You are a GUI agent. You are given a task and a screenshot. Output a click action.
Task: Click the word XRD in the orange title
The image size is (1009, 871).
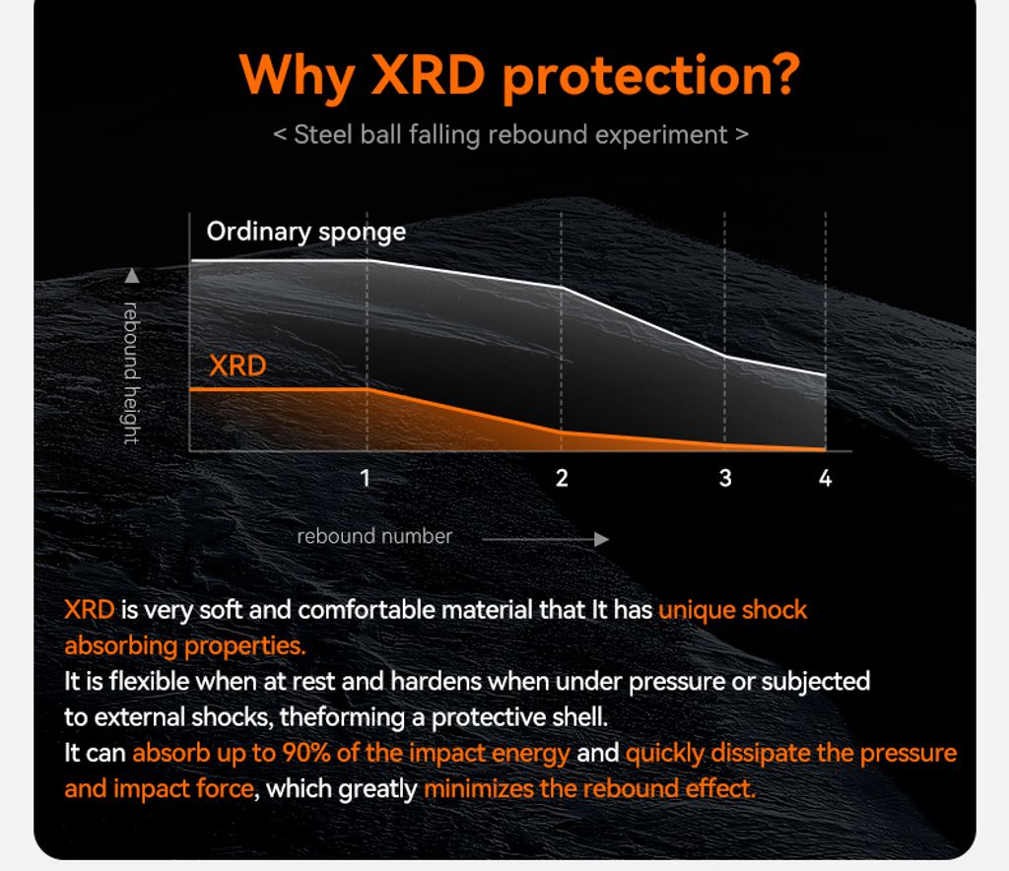tap(428, 74)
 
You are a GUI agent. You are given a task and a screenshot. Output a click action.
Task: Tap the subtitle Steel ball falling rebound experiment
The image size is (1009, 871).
tap(511, 135)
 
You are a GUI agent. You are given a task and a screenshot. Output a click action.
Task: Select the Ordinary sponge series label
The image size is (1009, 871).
tap(306, 232)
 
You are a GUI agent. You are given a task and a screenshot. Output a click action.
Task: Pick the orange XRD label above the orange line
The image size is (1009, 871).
tap(237, 366)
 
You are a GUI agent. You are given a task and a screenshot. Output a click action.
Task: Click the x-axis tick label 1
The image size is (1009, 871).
tap(365, 478)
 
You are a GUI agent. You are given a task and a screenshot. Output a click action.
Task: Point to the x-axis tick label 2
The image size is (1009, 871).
tap(562, 478)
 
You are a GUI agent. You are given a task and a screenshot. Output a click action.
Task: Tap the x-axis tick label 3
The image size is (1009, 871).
tap(725, 478)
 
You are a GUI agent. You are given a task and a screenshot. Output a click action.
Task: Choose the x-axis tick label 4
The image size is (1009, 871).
tap(825, 478)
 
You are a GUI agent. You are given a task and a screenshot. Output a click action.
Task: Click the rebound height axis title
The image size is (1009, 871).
tap(131, 373)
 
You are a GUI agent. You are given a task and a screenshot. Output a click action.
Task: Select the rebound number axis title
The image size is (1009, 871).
tap(374, 536)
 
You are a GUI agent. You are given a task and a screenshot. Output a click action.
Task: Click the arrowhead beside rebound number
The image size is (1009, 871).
tap(601, 539)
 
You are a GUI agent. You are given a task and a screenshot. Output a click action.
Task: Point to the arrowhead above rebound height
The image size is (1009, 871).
tap(132, 276)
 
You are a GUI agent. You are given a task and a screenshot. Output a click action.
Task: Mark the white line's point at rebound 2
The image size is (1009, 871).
tap(561, 287)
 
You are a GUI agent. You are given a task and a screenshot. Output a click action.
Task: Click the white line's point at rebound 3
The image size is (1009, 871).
tap(724, 357)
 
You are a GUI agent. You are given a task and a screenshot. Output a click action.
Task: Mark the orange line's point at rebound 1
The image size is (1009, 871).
tap(368, 389)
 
